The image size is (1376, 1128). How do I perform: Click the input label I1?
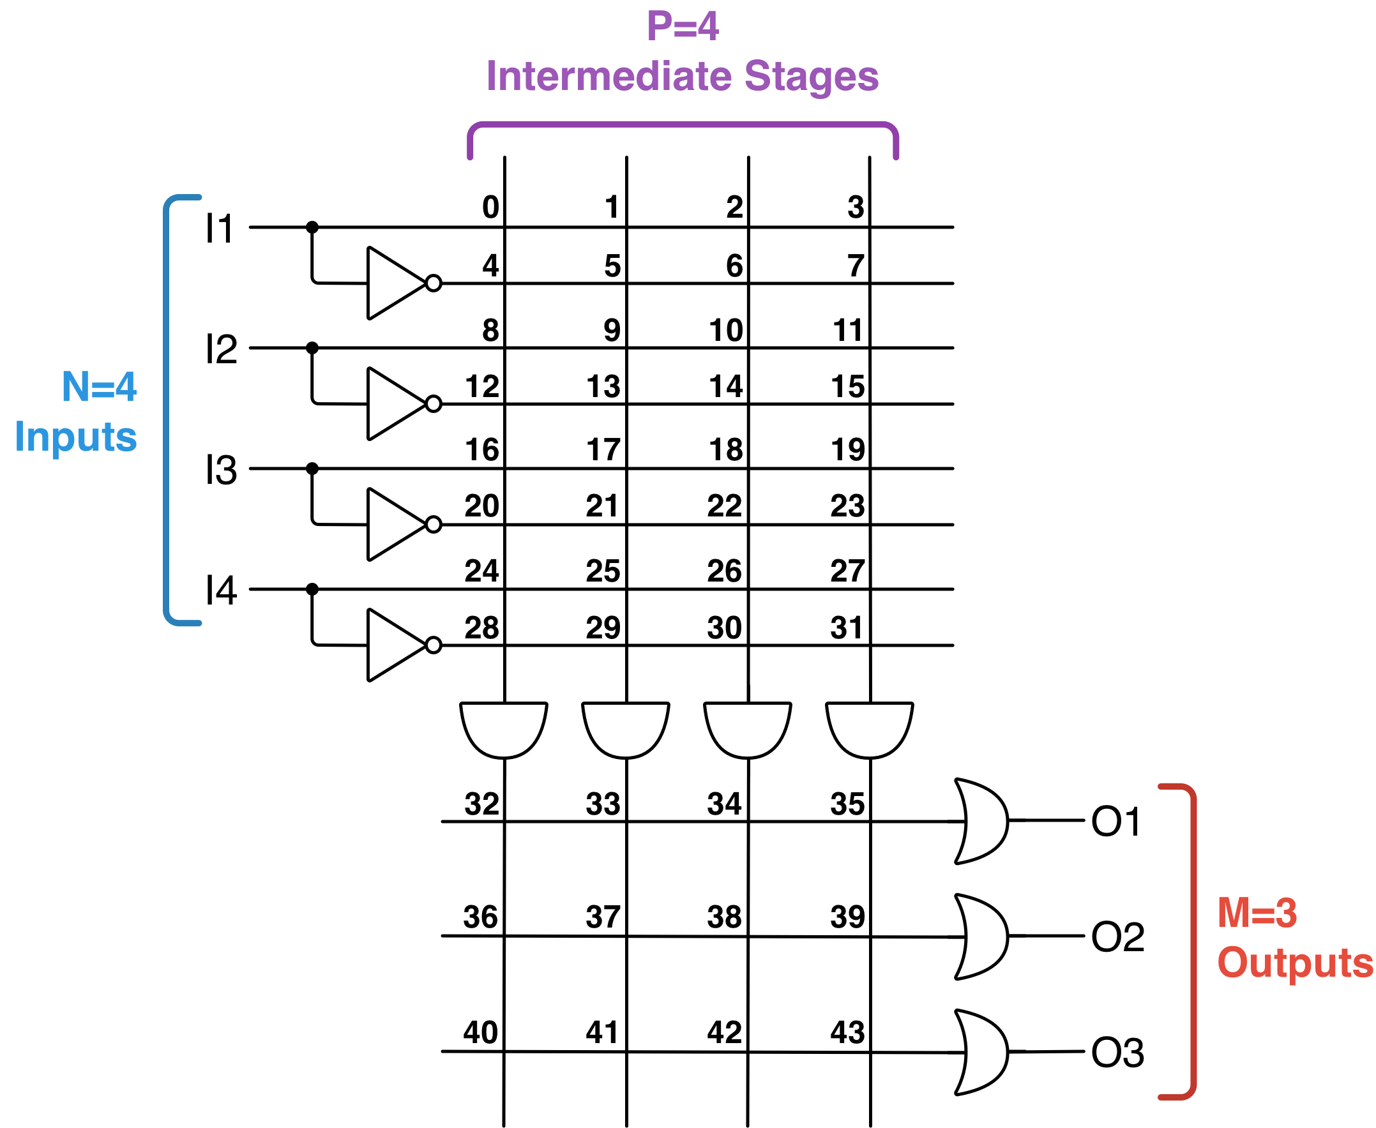[x=219, y=229]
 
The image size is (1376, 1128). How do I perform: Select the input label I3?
[x=221, y=470]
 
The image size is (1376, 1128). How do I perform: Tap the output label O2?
[x=1117, y=937]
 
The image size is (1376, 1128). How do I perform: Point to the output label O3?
[x=1117, y=1052]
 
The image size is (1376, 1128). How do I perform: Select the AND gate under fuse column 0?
[x=504, y=728]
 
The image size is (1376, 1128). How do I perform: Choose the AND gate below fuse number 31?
[x=869, y=728]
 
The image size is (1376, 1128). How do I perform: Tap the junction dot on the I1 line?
[x=312, y=227]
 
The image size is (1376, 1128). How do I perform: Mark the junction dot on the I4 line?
[x=312, y=589]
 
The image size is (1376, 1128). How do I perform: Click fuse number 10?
[x=725, y=330]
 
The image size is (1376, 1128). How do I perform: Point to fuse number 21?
[x=603, y=506]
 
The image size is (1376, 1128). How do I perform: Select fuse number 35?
[x=847, y=804]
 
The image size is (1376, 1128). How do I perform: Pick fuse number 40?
[x=480, y=1032]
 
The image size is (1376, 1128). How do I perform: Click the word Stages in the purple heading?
[x=811, y=76]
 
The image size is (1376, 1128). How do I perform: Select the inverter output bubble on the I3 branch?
[x=434, y=524]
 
